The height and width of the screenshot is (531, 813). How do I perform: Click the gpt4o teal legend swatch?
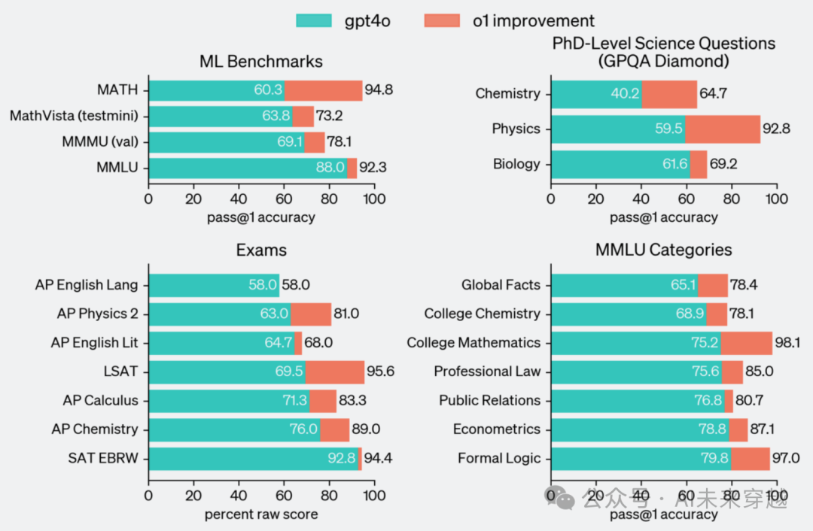tap(314, 20)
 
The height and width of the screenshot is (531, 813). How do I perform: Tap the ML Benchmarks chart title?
tap(260, 61)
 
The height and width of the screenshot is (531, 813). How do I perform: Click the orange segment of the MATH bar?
tap(323, 90)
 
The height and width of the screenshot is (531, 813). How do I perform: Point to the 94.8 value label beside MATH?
tap(379, 90)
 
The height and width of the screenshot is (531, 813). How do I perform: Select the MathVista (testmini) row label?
tap(74, 116)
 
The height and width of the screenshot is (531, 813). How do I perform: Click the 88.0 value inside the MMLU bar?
tap(330, 168)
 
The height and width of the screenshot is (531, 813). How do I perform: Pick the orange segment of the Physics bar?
tap(723, 129)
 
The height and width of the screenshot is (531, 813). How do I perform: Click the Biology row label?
tap(516, 163)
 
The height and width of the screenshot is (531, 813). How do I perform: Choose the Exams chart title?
tap(260, 250)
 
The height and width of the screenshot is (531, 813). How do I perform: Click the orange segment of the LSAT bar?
tap(334, 372)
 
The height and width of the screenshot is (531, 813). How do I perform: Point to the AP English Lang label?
tap(87, 285)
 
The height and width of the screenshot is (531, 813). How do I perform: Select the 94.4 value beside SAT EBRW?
tap(379, 458)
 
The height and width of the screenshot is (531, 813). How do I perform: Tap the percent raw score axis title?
tap(260, 514)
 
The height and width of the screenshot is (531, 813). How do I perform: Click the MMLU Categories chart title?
tap(663, 250)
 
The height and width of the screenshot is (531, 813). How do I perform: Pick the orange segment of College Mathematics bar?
tap(746, 343)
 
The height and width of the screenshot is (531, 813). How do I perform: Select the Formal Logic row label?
tap(499, 458)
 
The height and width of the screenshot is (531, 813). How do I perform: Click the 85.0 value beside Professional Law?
tap(760, 372)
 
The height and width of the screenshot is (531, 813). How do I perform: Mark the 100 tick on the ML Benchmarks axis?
tap(374, 198)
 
